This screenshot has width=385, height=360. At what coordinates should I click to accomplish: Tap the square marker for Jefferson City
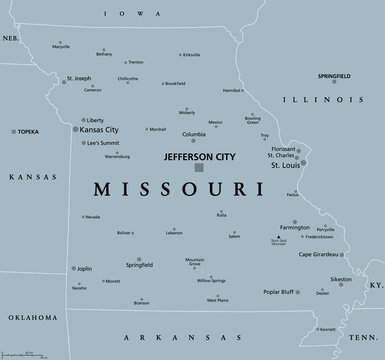[198, 167]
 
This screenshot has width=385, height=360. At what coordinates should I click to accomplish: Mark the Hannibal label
[232, 91]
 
